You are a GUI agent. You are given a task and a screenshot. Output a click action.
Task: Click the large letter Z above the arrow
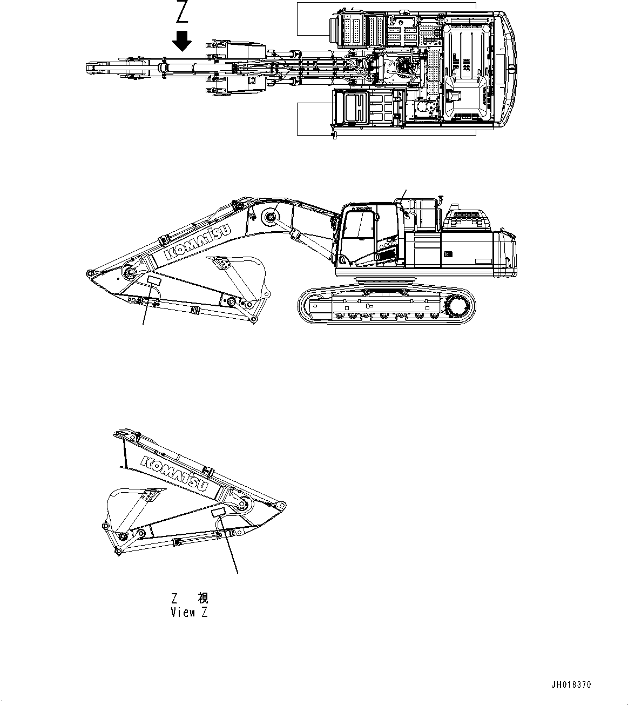click(182, 12)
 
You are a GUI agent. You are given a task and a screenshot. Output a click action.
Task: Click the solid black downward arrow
click(183, 41)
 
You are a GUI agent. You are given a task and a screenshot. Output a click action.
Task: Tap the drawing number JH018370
click(571, 684)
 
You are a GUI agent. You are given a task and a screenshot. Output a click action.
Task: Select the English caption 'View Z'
click(189, 613)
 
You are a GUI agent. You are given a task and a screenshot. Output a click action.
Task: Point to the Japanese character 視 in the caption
click(202, 598)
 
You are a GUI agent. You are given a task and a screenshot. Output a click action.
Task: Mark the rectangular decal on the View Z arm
click(219, 512)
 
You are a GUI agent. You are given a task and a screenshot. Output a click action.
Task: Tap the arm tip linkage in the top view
click(97, 68)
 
